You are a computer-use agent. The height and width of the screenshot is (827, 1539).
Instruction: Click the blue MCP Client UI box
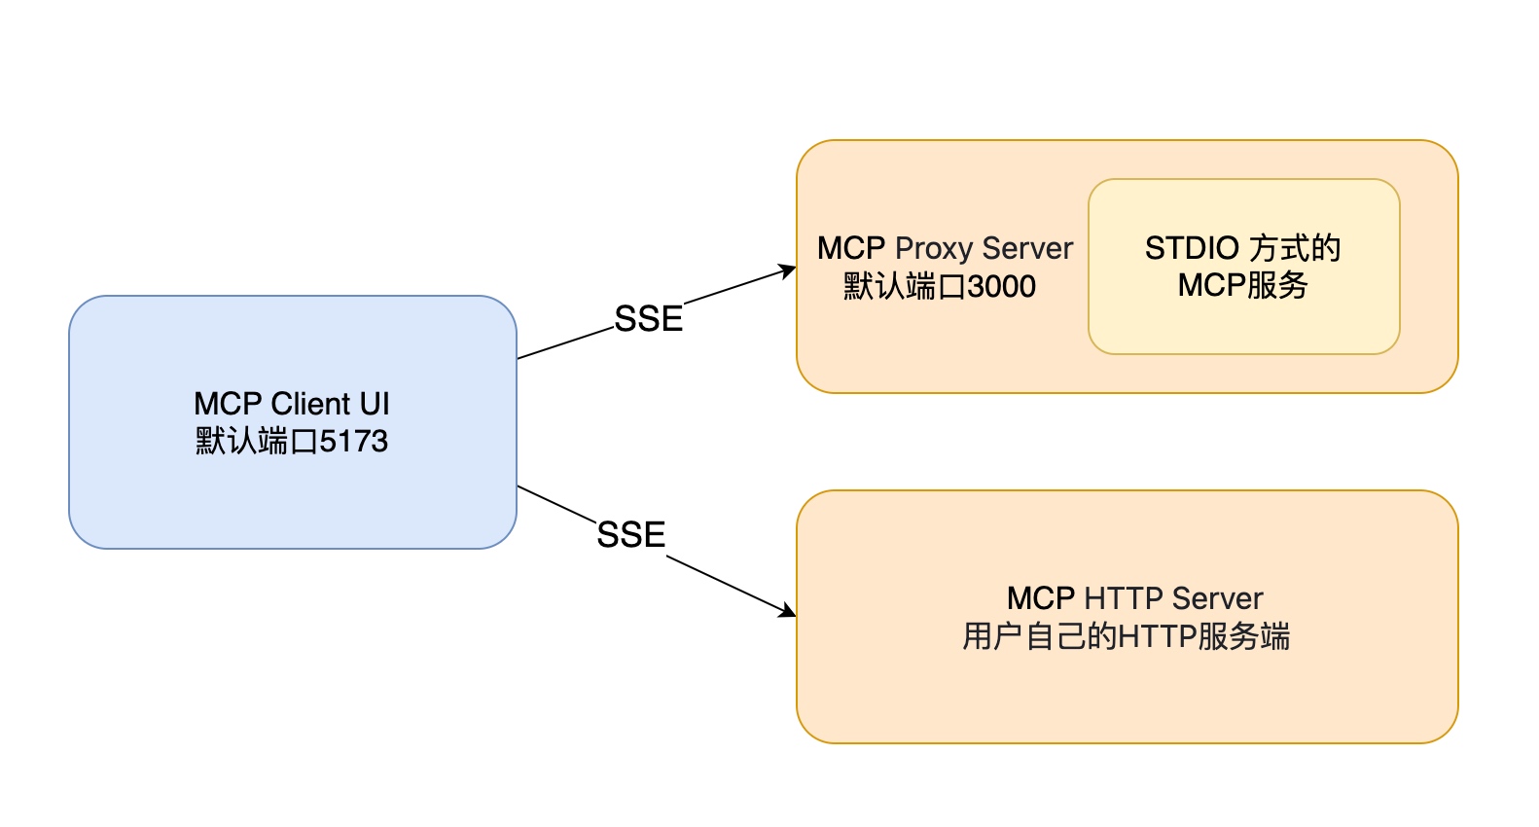click(x=293, y=421)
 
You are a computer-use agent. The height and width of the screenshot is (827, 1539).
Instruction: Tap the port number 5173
click(x=354, y=441)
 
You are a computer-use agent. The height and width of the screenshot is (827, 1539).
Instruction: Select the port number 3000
click(x=1001, y=286)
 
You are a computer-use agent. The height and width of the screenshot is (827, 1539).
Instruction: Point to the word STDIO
click(x=1192, y=248)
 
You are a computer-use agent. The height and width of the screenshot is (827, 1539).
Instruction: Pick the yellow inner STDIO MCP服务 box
click(x=1243, y=267)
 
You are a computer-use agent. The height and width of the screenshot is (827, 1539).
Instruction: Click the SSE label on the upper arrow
click(x=648, y=319)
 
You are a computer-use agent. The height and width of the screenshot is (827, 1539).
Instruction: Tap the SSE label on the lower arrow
click(x=630, y=534)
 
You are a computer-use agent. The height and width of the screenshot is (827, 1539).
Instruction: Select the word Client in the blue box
click(x=310, y=404)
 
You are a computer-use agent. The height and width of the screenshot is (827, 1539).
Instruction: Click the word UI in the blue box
click(x=375, y=404)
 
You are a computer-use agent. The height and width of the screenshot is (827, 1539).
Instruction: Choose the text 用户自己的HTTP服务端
click(x=1127, y=636)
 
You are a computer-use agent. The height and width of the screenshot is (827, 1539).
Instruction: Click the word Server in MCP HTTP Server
click(x=1217, y=598)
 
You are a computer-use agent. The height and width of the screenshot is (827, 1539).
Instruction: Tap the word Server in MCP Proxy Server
click(x=1027, y=249)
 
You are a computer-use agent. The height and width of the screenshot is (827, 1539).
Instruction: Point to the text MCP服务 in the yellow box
click(x=1242, y=285)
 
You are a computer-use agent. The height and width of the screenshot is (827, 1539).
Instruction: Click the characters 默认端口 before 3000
click(x=904, y=286)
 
